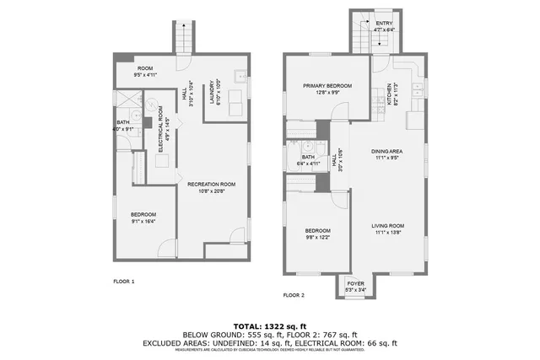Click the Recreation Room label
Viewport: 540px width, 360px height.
[x=210, y=184]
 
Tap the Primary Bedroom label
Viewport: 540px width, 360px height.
[x=327, y=86]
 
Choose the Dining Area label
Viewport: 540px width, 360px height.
[x=389, y=152]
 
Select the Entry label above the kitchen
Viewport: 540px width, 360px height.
[x=384, y=24]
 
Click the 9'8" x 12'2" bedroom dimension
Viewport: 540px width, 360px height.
[x=317, y=236]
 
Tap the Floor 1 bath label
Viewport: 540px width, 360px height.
[x=122, y=122]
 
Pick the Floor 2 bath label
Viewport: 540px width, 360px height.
[x=308, y=156]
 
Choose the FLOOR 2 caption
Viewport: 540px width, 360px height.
[x=294, y=295]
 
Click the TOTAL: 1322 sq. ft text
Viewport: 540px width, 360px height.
[x=270, y=325]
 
